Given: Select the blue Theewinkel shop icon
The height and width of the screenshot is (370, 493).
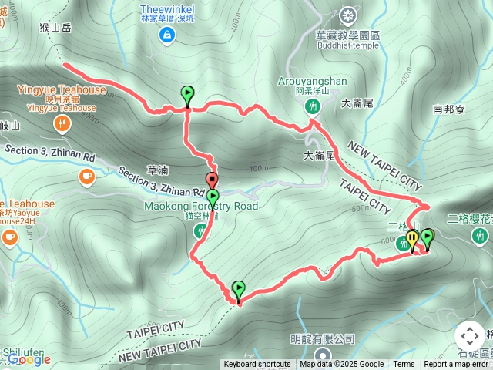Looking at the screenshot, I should pos(166,34).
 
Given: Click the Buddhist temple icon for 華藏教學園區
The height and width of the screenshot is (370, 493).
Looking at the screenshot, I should pos(349,15).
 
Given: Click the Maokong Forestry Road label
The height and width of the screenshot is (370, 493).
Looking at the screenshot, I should pos(201,206).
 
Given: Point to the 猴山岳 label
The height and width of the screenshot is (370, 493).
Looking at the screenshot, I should pos(55,28).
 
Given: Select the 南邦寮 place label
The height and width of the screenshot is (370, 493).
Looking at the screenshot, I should pos(448,109).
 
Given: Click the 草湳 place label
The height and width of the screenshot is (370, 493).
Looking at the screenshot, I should pos(156,170).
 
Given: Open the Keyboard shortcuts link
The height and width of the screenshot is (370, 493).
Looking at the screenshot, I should pos(257,365).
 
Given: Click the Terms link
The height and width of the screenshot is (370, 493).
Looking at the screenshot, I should pos(404,365).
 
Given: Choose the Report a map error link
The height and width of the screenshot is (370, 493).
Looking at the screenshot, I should pos(456,365).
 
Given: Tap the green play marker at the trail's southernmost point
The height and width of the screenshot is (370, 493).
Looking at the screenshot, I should pos(238,291).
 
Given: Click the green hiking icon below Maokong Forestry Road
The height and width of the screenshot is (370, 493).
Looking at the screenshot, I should pos(200,230).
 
